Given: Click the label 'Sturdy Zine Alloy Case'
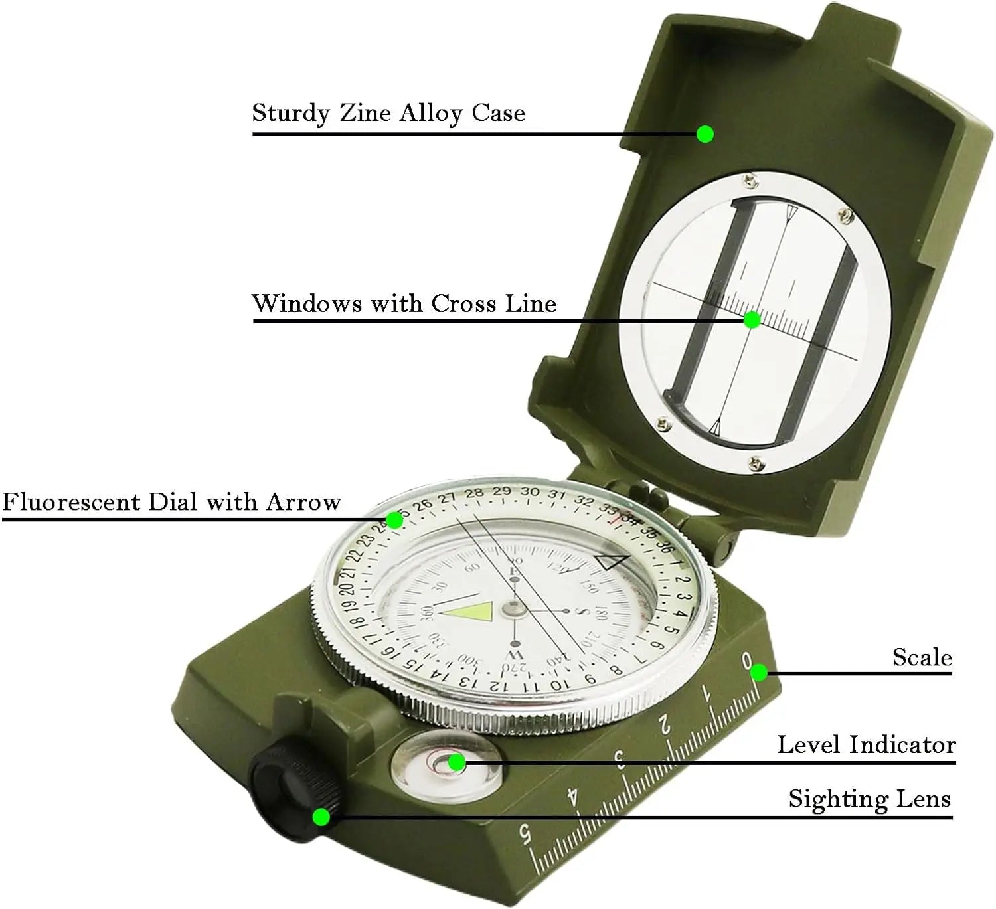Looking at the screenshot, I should pyautogui.click(x=388, y=114).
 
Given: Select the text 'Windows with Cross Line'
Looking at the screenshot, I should pyautogui.click(x=404, y=303).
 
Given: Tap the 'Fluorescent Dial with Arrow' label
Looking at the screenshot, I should pyautogui.click(x=171, y=501).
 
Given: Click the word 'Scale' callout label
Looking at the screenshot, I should pyautogui.click(x=922, y=657).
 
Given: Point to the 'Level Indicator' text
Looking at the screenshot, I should pyautogui.click(x=867, y=745).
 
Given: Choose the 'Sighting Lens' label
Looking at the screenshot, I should pyautogui.click(x=869, y=799).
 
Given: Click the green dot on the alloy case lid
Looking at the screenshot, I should pyautogui.click(x=705, y=134).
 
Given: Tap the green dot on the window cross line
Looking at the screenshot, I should pyautogui.click(x=752, y=320).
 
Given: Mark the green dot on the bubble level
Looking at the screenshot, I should pyautogui.click(x=456, y=762).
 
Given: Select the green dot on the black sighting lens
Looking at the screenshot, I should pyautogui.click(x=321, y=816).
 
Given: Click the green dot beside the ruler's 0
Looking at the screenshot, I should pyautogui.click(x=759, y=673).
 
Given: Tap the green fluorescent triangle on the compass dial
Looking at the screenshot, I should pyautogui.click(x=471, y=612).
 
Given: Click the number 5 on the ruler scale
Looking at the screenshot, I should pyautogui.click(x=525, y=833).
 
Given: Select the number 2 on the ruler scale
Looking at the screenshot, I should pyautogui.click(x=664, y=726).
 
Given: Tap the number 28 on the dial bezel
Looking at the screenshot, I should pyautogui.click(x=473, y=493).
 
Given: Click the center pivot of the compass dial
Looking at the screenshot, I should pyautogui.click(x=513, y=606).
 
